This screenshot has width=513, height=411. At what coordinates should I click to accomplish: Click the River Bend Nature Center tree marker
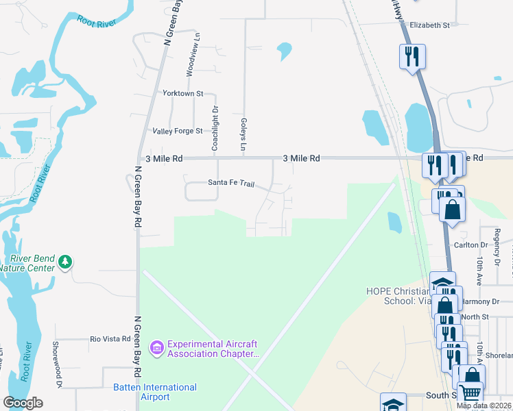click(65, 262)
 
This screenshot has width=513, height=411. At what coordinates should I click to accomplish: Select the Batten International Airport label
click(155, 392)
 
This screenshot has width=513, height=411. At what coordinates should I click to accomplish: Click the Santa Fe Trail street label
click(231, 184)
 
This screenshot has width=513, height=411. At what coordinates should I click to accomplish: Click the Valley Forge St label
click(178, 131)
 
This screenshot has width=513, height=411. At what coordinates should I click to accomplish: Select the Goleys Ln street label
click(243, 134)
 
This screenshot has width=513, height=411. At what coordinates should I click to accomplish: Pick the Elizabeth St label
click(429, 25)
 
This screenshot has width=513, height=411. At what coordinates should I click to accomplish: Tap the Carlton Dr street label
click(470, 245)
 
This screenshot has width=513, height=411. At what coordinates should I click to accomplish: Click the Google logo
click(23, 403)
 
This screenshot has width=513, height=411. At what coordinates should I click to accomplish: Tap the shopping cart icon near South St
click(470, 393)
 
